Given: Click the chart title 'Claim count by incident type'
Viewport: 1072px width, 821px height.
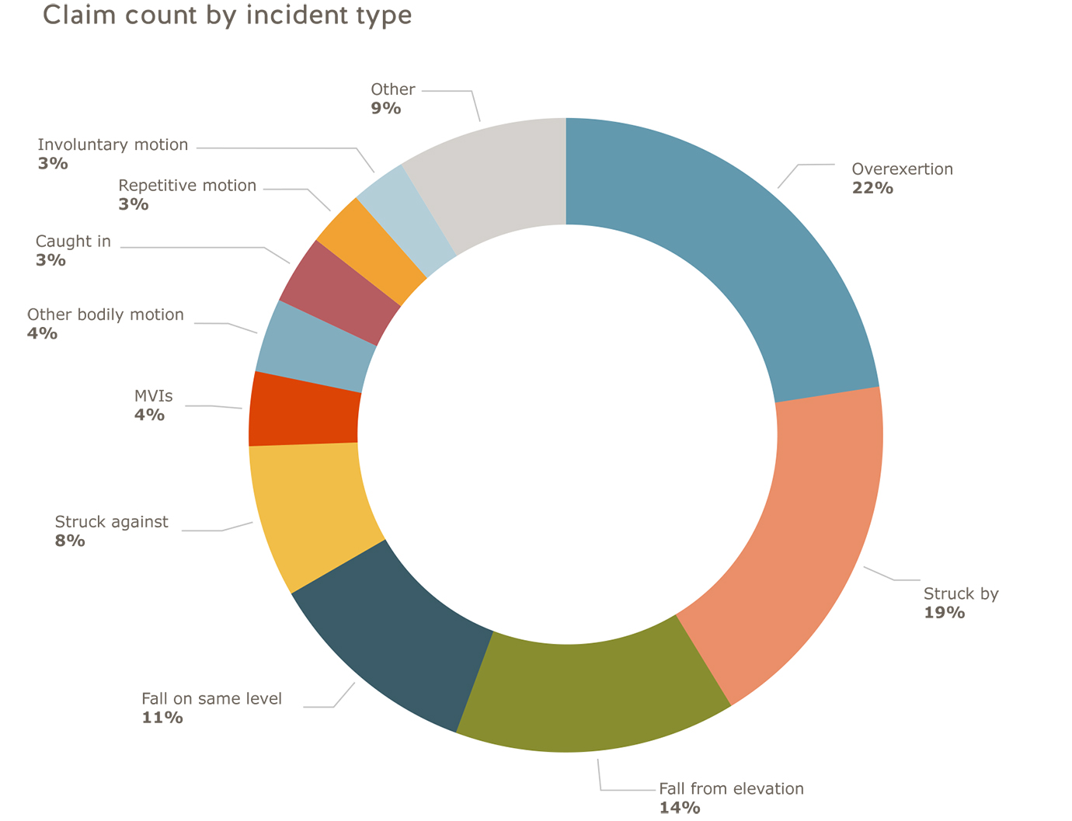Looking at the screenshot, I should tap(227, 16).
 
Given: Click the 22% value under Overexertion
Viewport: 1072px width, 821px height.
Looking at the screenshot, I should tap(872, 188).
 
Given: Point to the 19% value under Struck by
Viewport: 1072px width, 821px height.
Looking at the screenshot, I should tap(944, 613).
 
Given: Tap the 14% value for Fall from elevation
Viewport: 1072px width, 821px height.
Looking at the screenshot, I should tap(680, 808).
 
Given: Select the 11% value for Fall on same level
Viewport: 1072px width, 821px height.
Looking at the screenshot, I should tap(162, 718).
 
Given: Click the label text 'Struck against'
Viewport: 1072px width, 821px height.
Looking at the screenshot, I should tap(111, 522).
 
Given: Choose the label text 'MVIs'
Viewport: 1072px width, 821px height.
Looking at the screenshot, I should tap(154, 396).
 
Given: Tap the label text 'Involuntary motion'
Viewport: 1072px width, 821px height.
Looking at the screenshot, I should tap(113, 144).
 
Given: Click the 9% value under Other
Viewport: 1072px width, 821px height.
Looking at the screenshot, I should tap(386, 108).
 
